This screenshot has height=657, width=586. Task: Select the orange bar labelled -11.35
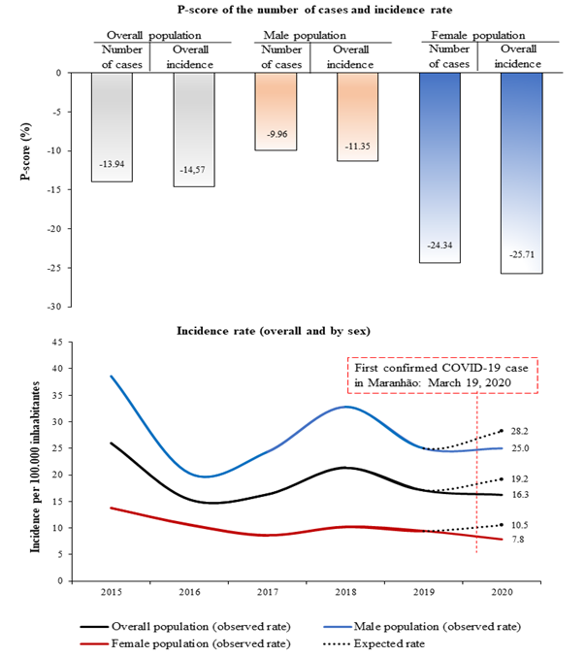[358, 116]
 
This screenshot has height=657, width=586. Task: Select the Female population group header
[479, 35]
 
